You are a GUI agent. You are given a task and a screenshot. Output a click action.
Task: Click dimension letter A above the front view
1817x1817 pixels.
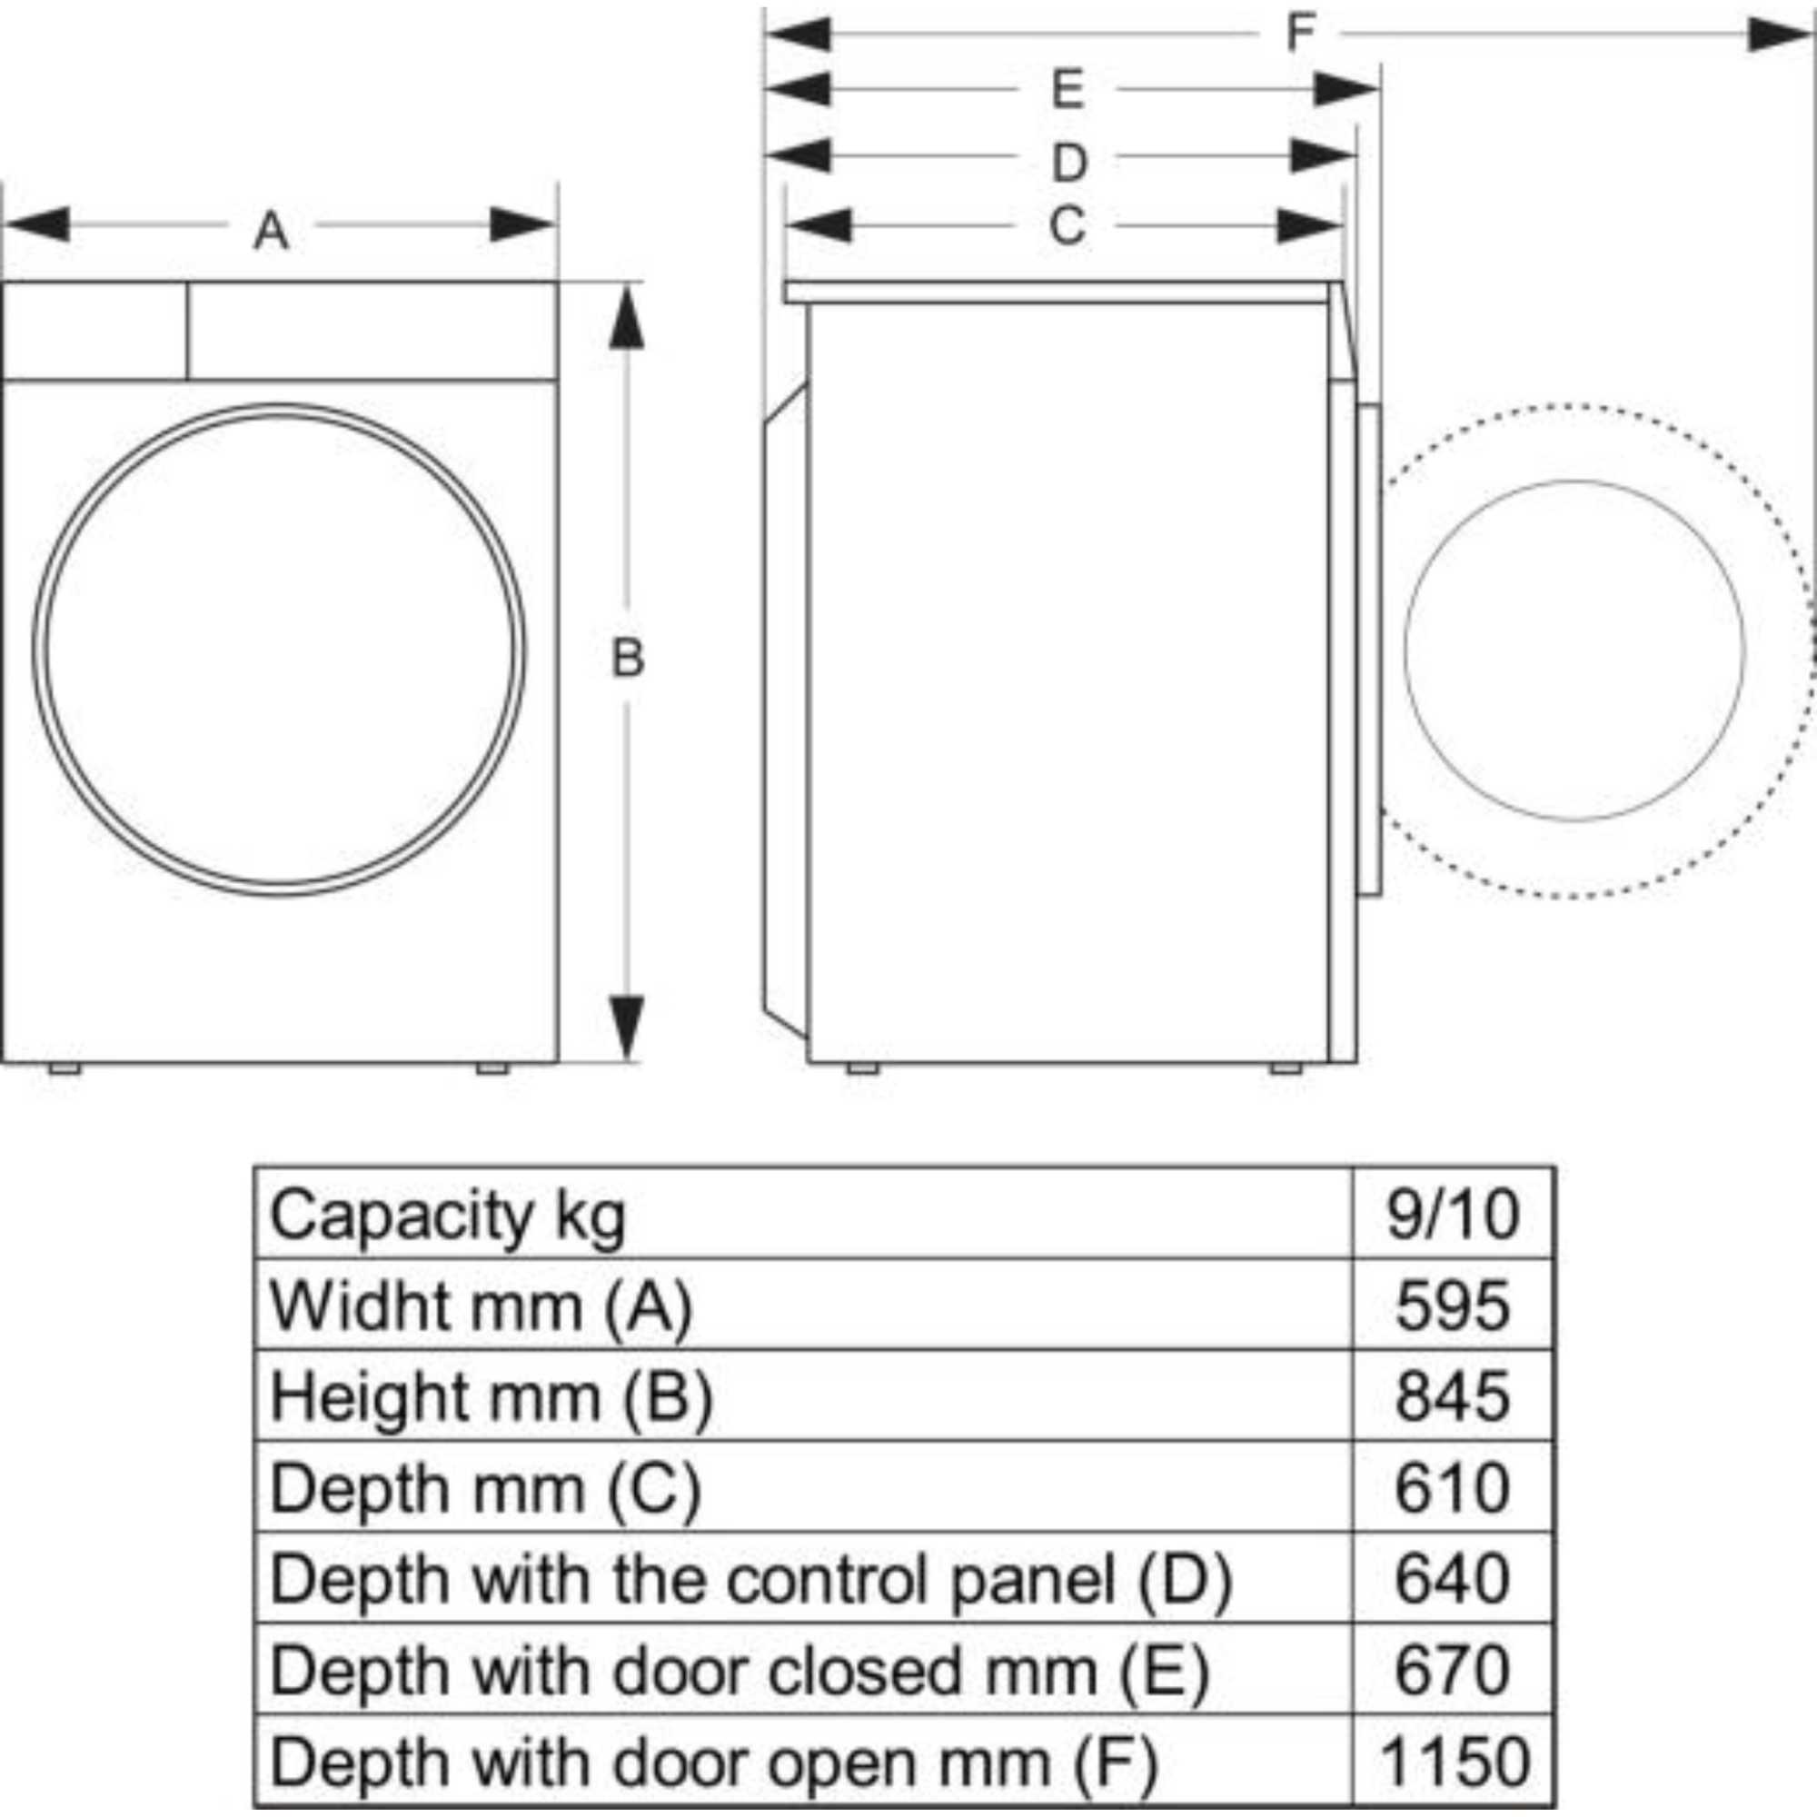[271, 230]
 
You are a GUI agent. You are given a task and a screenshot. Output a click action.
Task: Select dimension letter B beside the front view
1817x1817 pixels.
[627, 658]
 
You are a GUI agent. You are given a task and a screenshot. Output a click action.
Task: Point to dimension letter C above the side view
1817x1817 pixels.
[1067, 225]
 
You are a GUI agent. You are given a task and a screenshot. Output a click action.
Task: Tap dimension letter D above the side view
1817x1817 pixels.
[1068, 163]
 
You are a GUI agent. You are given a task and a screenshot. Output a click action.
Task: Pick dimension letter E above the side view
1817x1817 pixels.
[1067, 90]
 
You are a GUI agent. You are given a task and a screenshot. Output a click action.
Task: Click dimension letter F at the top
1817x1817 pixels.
[1300, 34]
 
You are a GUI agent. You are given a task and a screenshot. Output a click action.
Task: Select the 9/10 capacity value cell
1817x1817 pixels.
[1452, 1214]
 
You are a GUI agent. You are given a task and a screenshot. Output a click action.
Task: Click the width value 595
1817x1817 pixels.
[1452, 1306]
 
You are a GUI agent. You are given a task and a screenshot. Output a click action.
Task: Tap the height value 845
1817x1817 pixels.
[1452, 1396]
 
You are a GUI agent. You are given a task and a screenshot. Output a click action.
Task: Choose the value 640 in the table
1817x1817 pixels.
[1452, 1579]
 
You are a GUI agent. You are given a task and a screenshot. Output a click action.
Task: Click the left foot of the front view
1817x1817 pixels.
[65, 1068]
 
